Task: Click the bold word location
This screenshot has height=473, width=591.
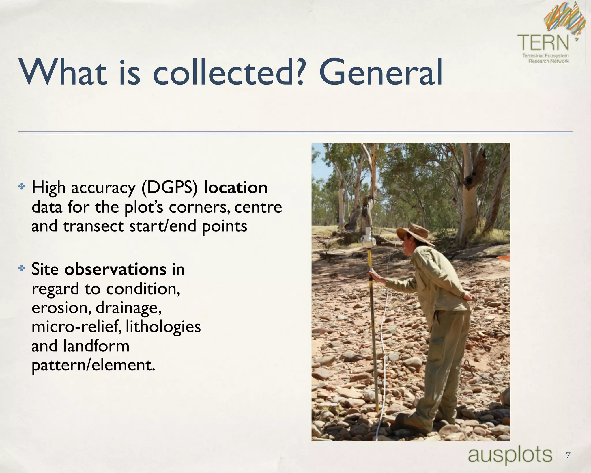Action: pos(235,188)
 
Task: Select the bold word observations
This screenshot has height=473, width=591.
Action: pos(115,269)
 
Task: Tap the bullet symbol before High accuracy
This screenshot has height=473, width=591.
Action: pos(22,187)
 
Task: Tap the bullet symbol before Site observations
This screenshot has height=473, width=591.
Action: pos(22,268)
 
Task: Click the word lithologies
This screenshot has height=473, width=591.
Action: pos(163,327)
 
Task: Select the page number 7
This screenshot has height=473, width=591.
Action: pos(568,455)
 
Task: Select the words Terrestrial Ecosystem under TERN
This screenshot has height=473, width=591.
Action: pos(545,55)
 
